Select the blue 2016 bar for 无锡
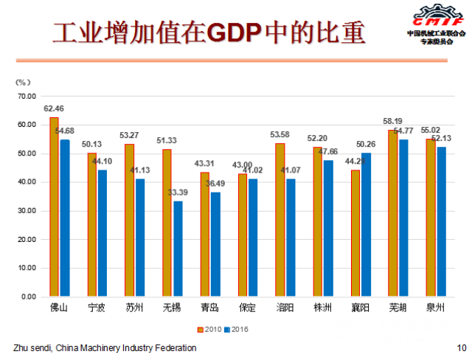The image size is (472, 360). click(178, 249)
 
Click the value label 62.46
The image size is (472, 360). click(54, 109)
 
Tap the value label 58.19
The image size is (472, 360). click(392, 122)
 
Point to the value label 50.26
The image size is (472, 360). click(367, 145)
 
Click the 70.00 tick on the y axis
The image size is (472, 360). click(27, 96)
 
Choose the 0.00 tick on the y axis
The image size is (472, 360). click(29, 297)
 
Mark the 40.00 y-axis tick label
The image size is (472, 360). click(27, 182)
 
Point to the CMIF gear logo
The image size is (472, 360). click(436, 15)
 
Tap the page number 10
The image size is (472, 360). click(461, 347)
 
